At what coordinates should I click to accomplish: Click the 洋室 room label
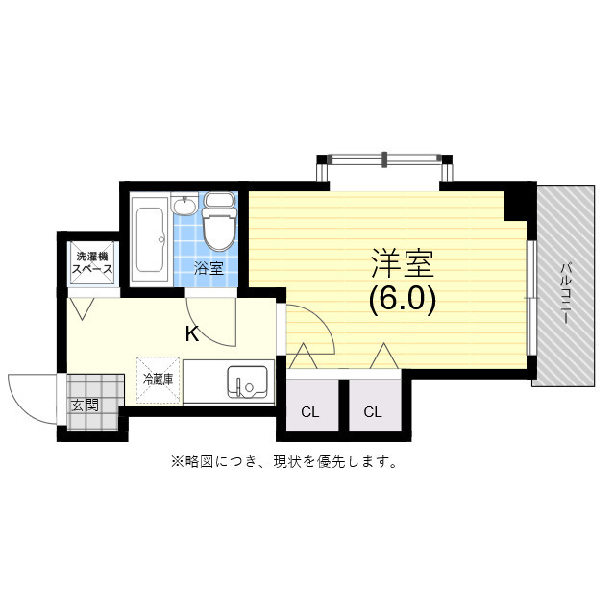click(x=403, y=263)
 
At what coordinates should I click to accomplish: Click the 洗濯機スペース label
click(x=94, y=263)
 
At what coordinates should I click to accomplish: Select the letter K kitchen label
click(x=192, y=334)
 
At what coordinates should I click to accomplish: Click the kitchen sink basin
click(x=249, y=382)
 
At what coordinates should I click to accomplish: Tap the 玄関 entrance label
click(x=85, y=406)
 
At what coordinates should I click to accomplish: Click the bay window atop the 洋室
click(x=384, y=160)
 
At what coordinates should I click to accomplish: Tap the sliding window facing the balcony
click(x=529, y=298)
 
